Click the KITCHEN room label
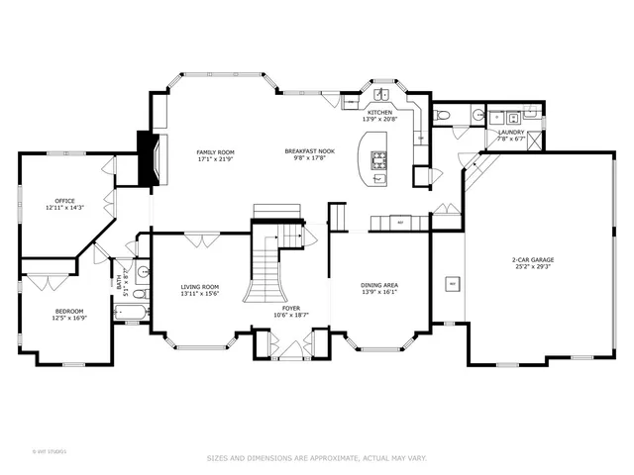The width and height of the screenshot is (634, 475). [x=379, y=113]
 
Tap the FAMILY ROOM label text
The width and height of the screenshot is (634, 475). [x=213, y=151]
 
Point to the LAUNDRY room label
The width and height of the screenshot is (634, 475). [x=511, y=132]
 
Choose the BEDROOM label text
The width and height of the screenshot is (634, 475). [x=69, y=312]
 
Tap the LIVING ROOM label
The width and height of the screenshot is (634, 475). [x=200, y=287]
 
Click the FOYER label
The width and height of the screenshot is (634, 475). [x=291, y=309]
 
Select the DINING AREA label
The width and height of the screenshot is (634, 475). [x=379, y=286]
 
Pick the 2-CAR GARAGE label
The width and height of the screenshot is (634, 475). [x=534, y=259]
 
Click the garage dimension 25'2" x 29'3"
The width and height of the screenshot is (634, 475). [x=534, y=266]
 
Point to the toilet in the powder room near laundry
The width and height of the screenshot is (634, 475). [x=443, y=116]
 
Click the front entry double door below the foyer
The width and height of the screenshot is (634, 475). [x=291, y=349]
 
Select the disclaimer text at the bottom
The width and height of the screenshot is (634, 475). [x=317, y=458]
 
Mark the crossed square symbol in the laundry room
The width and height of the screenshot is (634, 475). [x=534, y=139]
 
